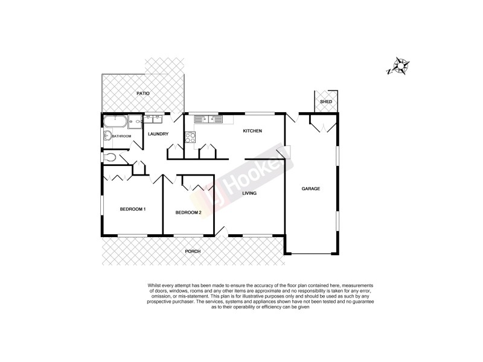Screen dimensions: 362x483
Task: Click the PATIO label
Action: tap(142, 94)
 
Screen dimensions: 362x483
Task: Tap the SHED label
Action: tap(326, 102)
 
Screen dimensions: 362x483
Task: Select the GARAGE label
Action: tap(311, 189)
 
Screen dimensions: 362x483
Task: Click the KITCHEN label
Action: tap(252, 131)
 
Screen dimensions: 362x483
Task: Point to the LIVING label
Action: tap(250, 194)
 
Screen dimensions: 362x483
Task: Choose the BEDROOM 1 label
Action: tap(132, 209)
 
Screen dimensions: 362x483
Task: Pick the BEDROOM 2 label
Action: tap(188, 212)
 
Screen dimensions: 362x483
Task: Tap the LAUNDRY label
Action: tap(158, 134)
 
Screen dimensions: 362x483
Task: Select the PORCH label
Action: tap(193, 251)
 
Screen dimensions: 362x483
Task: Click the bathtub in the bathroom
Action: tap(115, 121)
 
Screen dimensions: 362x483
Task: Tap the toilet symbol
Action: tap(110, 158)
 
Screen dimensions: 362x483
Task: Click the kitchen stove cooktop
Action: tap(190, 136)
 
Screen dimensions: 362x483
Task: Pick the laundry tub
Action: tap(152, 118)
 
